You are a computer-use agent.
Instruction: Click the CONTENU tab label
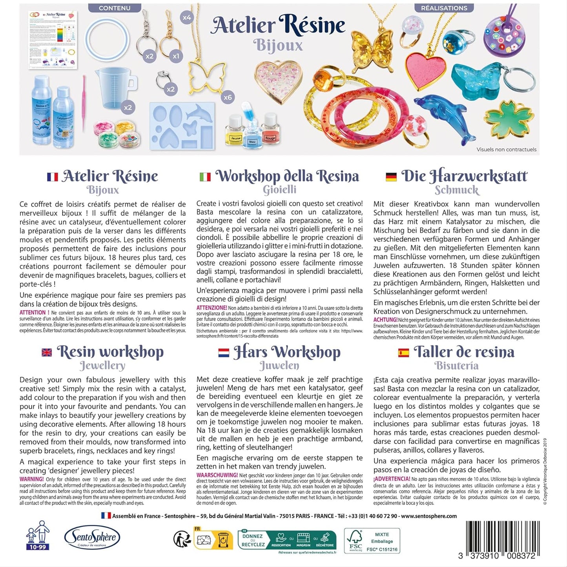115,8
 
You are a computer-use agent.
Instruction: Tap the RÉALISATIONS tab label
444,8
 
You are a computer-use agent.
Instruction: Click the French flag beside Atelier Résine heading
52,177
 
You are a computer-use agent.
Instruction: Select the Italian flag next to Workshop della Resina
205,177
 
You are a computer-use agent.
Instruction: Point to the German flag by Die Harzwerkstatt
391,177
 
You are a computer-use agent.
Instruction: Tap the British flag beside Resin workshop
47,352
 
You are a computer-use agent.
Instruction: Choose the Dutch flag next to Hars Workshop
224,352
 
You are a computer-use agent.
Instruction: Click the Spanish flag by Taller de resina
403,352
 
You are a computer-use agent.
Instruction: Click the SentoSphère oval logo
92,537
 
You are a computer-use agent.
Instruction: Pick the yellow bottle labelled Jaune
235,130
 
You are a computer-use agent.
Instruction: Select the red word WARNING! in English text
31,479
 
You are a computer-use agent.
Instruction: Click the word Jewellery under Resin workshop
102,366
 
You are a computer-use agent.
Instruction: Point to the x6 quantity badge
228,97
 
